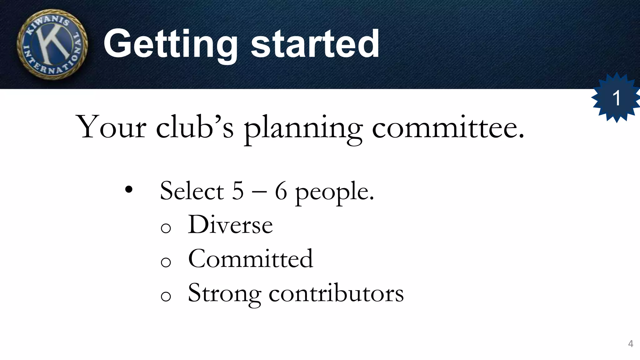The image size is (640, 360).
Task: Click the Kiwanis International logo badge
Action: click(x=52, y=44)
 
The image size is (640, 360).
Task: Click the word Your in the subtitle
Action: click(x=111, y=127)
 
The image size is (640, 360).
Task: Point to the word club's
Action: click(x=194, y=127)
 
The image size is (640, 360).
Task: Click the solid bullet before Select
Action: click(x=128, y=190)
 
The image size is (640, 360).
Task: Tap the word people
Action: click(x=334, y=192)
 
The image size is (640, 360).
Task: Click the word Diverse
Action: click(x=230, y=224)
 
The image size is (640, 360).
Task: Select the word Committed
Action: click(x=251, y=259)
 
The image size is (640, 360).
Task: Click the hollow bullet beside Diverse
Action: click(x=166, y=228)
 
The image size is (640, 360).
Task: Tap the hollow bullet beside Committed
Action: click(x=166, y=262)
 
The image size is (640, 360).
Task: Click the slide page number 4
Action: click(x=631, y=344)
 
